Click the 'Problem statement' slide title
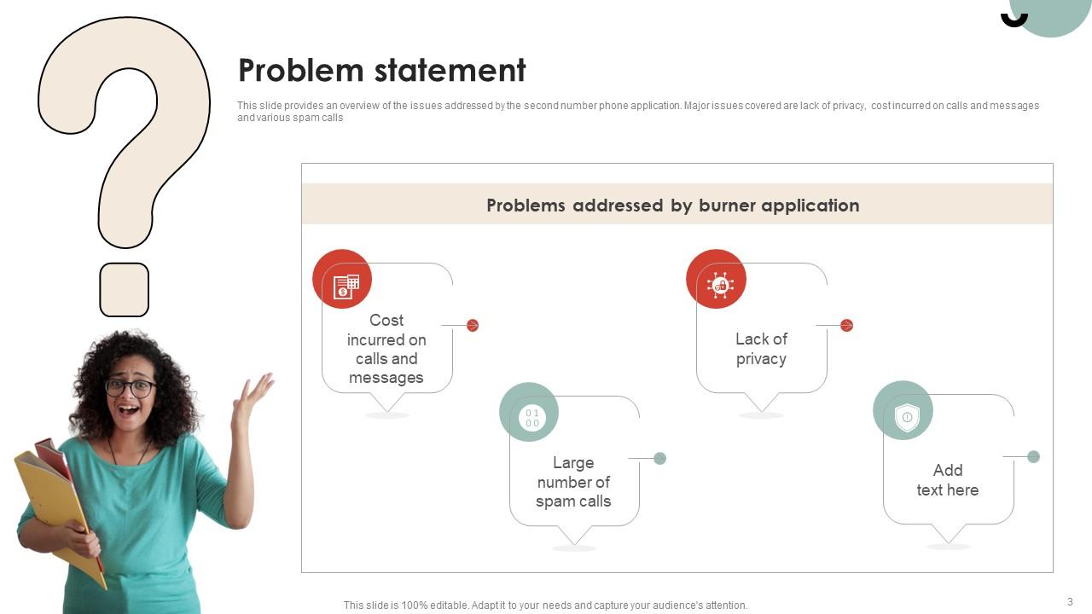click(381, 70)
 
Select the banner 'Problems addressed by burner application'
click(672, 206)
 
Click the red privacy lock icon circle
click(716, 279)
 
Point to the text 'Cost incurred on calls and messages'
click(386, 349)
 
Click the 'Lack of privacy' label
click(761, 349)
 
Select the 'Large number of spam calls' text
click(573, 482)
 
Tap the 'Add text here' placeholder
click(947, 480)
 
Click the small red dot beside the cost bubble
click(473, 325)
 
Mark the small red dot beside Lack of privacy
click(846, 325)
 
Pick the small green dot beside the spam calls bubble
click(659, 458)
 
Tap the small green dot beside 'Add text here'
click(1033, 456)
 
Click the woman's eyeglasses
click(130, 387)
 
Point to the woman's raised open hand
click(253, 394)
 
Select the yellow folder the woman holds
click(51, 495)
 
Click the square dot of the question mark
click(125, 290)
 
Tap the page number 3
click(1070, 602)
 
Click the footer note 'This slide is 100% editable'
click(545, 605)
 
